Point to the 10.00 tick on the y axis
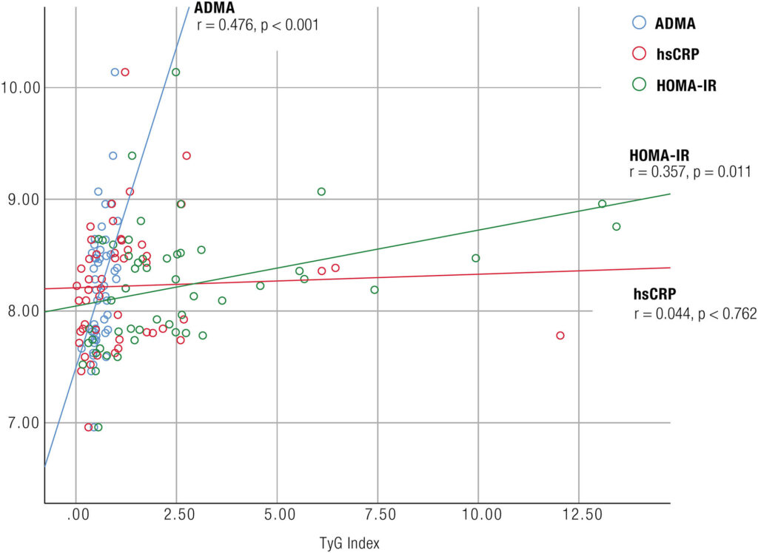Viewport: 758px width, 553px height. (20, 88)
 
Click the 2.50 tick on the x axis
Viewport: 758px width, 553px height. (176, 513)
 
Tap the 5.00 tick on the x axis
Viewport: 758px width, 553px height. (277, 513)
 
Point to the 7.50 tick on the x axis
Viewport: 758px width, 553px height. (378, 513)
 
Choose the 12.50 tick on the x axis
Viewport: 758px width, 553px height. (578, 513)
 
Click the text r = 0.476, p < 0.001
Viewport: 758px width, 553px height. (258, 25)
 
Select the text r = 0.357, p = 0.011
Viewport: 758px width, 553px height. (690, 172)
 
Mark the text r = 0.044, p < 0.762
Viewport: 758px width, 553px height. (695, 313)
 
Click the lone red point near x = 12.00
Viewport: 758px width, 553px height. (560, 336)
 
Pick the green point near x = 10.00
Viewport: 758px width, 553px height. (476, 258)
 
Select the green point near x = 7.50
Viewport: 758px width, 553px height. (375, 290)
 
